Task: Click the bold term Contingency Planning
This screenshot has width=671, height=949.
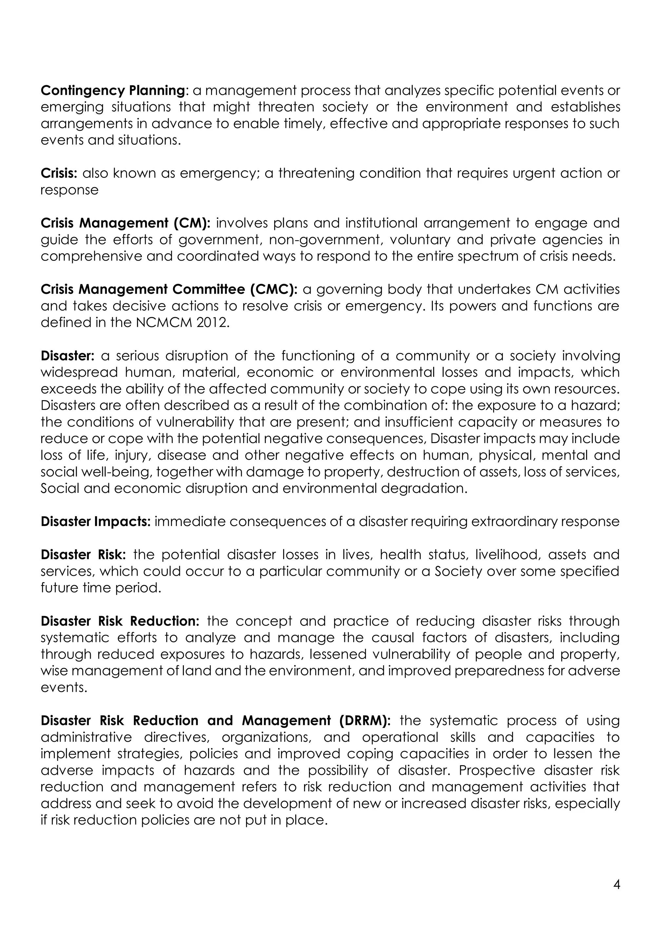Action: [x=112, y=90]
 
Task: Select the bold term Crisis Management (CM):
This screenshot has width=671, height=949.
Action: [x=125, y=223]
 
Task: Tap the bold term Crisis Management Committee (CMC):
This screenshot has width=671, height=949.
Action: [x=169, y=289]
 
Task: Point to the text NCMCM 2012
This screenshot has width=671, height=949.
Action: [x=182, y=322]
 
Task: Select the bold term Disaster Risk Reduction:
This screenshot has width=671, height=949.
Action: [x=120, y=621]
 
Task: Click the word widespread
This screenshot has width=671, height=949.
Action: [x=79, y=372]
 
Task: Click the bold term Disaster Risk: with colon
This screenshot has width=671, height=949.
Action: [x=86, y=555]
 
